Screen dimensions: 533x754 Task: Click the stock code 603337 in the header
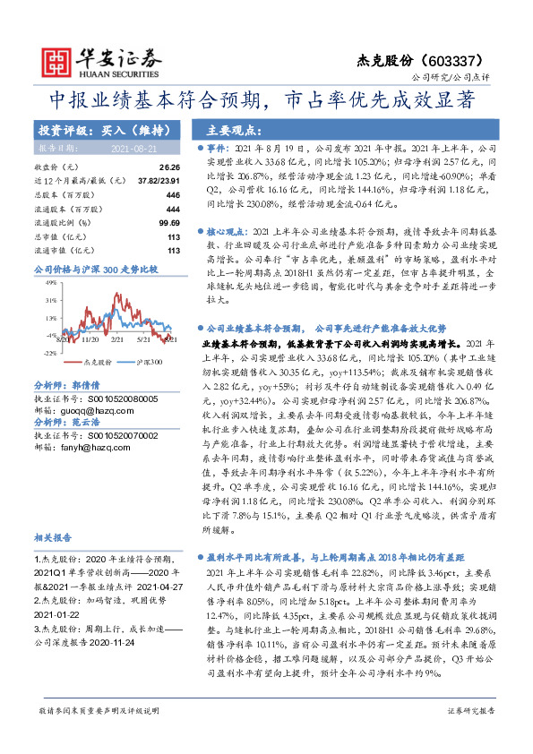click(458, 59)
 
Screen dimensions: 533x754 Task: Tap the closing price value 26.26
click(169, 167)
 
